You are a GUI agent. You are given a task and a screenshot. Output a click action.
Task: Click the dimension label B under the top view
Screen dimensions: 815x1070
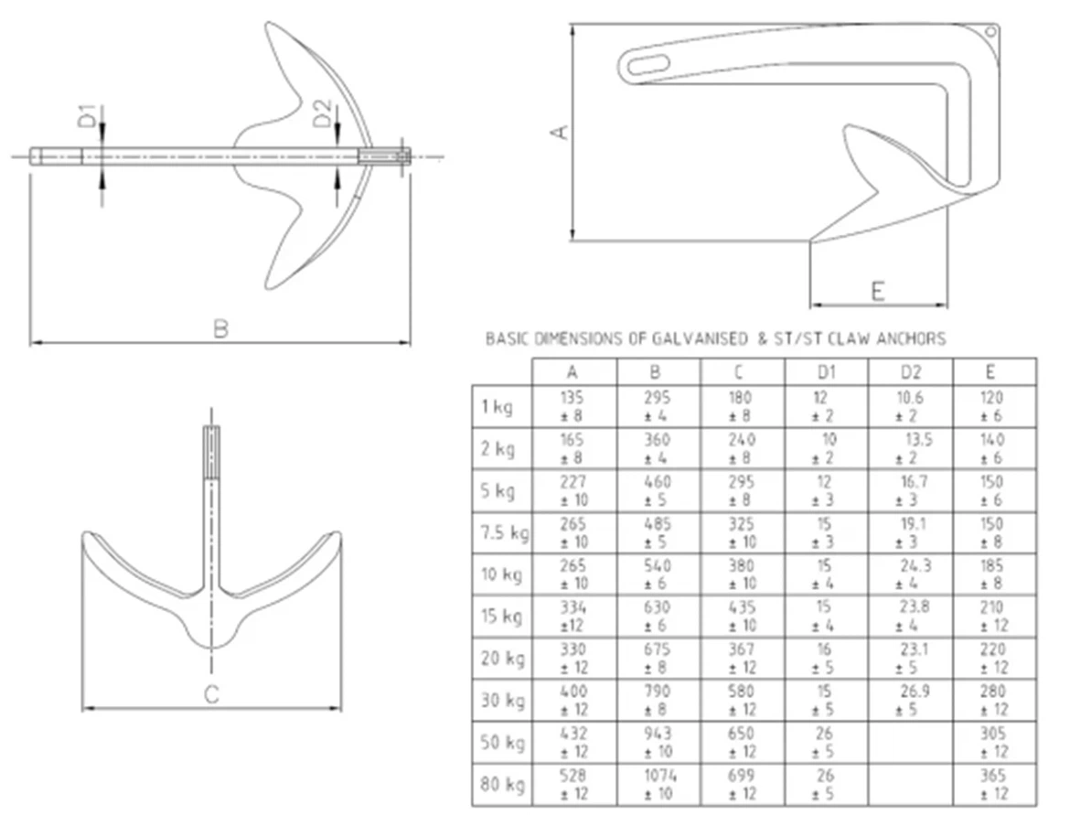(x=220, y=328)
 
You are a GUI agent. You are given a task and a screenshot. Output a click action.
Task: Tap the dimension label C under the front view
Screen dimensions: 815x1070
(x=211, y=695)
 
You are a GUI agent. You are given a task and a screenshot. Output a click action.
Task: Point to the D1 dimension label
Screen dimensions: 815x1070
(x=86, y=118)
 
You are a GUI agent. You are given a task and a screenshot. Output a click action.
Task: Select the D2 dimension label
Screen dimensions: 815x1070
(x=321, y=114)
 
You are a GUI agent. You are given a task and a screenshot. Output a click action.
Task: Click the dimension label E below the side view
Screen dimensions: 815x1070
(x=878, y=292)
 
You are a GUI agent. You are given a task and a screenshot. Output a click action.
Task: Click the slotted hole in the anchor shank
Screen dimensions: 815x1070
(x=644, y=65)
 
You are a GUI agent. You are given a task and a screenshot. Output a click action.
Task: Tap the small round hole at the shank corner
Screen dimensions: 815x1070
(x=990, y=32)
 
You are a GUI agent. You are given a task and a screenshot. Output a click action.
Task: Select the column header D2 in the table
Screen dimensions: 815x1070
(x=910, y=372)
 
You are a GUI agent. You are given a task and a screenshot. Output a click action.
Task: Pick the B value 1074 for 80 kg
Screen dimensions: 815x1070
(x=658, y=776)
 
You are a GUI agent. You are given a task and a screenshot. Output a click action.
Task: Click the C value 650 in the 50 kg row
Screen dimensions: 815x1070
(x=742, y=734)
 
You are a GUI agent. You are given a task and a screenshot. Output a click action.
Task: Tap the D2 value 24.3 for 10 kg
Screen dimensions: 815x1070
(x=915, y=566)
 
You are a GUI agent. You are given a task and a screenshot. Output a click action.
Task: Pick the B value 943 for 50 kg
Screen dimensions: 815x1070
(x=658, y=734)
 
